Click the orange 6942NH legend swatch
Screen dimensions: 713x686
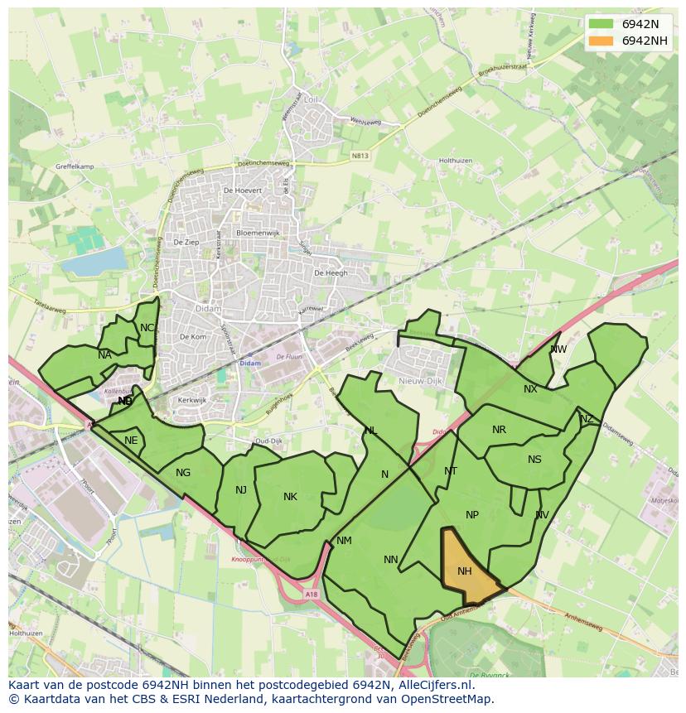603,41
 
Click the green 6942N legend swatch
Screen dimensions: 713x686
603,24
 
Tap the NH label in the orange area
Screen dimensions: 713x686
465,571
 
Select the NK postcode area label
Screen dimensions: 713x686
290,497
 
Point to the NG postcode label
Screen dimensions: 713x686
183,473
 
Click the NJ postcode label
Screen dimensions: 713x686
241,489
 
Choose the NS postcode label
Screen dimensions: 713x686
534,460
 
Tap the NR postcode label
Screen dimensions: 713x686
499,430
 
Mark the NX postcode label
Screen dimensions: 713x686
530,389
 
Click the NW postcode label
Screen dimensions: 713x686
558,349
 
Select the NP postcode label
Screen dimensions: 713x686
472,515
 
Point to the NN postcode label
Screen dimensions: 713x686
391,560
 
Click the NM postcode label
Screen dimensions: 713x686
345,541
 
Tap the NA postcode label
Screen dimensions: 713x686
104,355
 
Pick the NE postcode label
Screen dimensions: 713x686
131,441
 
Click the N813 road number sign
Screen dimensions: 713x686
359,155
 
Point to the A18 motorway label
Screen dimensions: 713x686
311,594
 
